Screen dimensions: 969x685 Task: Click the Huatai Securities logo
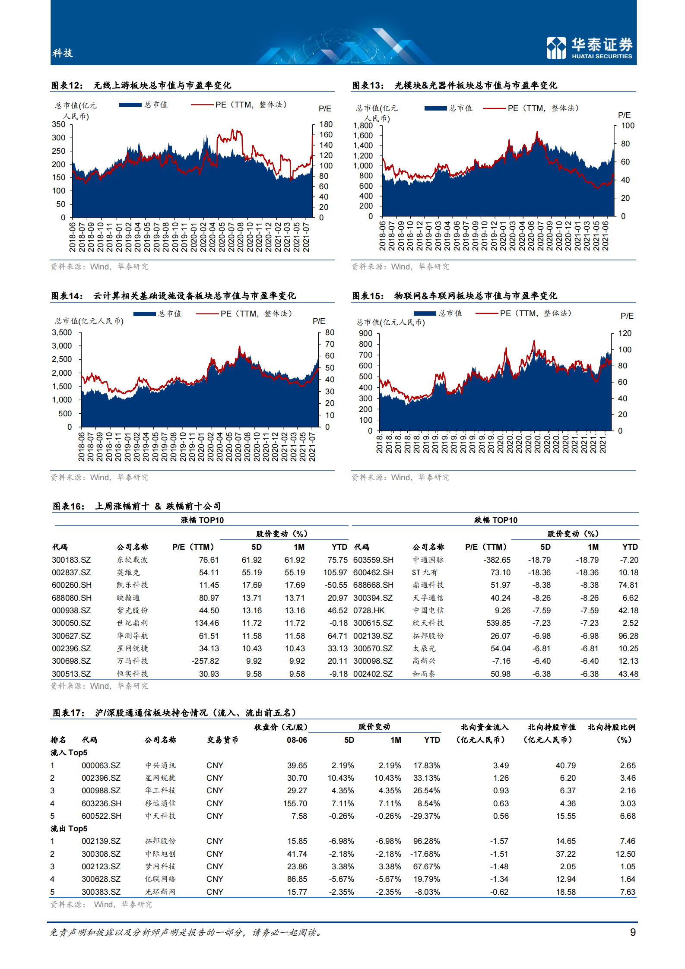(x=589, y=47)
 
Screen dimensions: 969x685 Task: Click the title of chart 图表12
(x=141, y=85)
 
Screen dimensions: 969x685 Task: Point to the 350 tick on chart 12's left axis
(x=58, y=124)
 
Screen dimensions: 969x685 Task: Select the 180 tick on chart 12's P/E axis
(x=326, y=124)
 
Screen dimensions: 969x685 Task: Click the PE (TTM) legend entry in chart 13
(x=531, y=108)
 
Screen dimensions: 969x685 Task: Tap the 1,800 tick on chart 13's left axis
(x=362, y=126)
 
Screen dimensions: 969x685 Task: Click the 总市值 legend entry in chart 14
(x=157, y=313)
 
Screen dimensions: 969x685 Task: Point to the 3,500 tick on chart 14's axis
(x=62, y=332)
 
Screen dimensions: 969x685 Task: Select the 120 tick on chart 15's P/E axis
(x=625, y=333)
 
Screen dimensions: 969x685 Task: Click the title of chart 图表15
(x=454, y=296)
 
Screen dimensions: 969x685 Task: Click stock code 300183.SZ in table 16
(x=71, y=560)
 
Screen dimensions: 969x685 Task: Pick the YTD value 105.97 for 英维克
(x=335, y=573)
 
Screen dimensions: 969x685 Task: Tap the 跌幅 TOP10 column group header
(x=495, y=520)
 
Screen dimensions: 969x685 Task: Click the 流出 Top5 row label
(x=69, y=829)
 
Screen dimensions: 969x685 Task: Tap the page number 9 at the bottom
(x=632, y=932)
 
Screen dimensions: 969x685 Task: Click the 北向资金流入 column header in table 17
(x=484, y=727)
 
